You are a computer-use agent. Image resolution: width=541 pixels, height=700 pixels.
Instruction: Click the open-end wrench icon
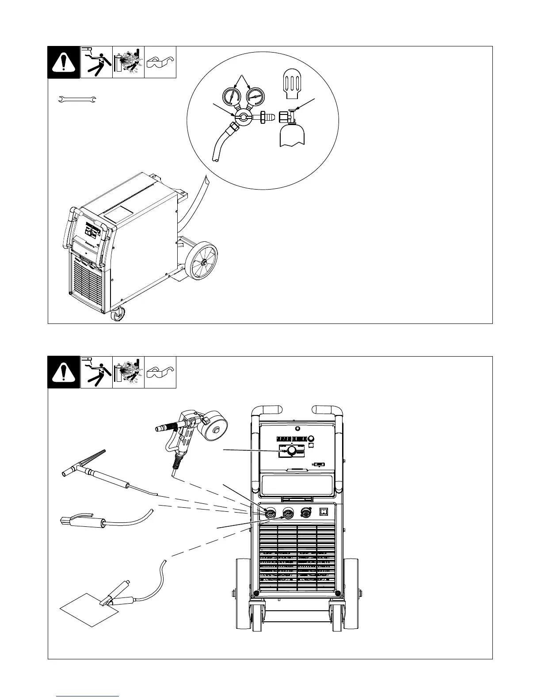click(x=77, y=101)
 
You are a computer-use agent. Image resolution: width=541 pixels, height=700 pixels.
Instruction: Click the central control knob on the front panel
click(x=291, y=451)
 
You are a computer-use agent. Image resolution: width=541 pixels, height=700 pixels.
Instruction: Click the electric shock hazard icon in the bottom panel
click(x=96, y=372)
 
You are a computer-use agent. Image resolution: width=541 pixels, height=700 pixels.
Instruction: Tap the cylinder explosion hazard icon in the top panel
click(x=128, y=62)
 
